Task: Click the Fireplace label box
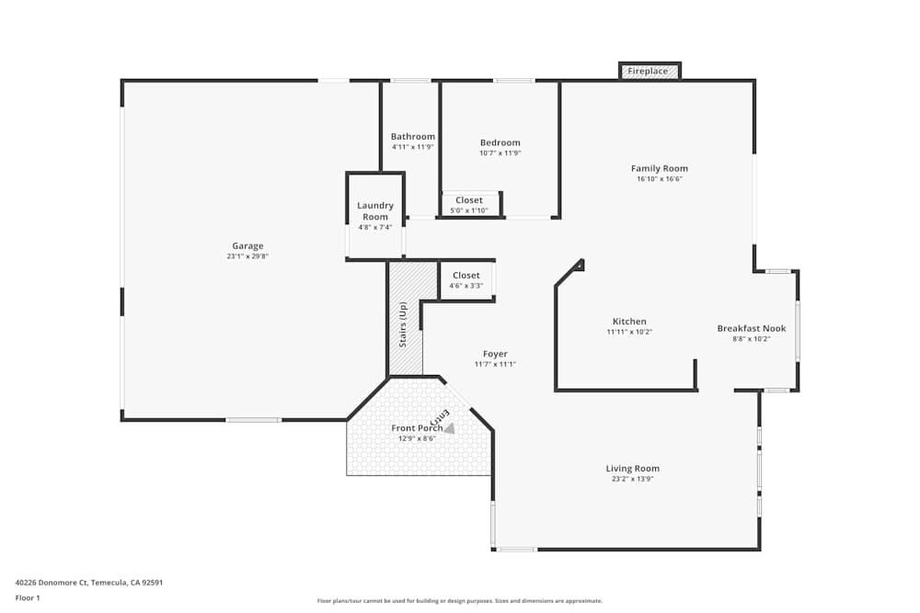coord(649,71)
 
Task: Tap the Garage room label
coord(247,245)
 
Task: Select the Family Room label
coord(659,168)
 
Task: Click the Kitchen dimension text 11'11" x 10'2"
coord(629,332)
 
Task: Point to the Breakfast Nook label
coord(751,328)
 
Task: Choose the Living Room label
coord(632,469)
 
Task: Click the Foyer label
coord(495,354)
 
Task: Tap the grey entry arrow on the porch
coord(449,427)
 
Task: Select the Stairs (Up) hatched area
coord(405,322)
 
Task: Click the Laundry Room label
coord(375,211)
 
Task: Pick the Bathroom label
coord(412,136)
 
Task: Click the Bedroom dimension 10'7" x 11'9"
coord(500,153)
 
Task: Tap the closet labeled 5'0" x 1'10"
coord(468,204)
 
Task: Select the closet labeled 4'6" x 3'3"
coord(466,280)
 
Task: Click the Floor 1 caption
coord(28,597)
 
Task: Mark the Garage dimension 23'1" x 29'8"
coord(247,256)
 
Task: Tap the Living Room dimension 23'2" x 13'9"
coord(632,479)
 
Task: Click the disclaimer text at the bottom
coord(459,601)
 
